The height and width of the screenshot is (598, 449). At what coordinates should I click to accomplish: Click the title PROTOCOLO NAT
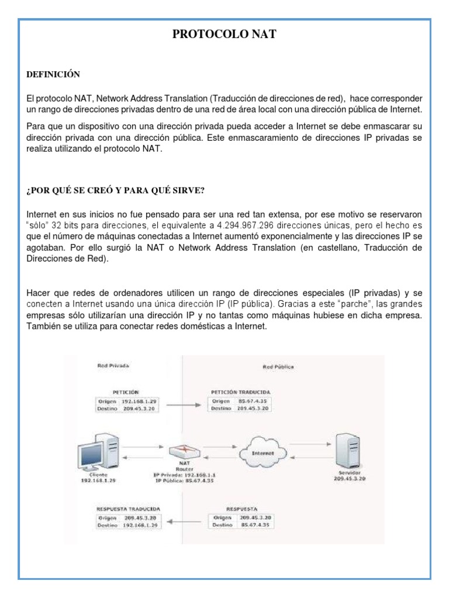click(x=224, y=35)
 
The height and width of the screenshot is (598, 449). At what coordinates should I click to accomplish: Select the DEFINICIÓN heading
click(x=53, y=75)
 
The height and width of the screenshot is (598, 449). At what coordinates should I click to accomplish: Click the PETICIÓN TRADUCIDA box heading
click(x=240, y=392)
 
